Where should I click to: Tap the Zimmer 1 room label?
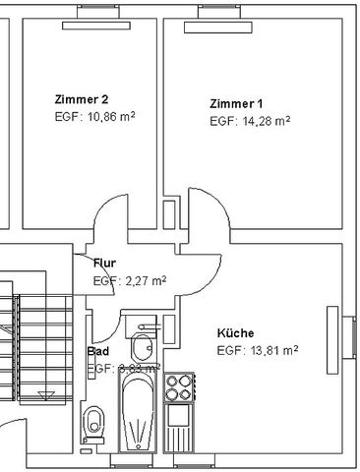click(x=236, y=103)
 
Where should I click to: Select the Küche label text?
click(x=235, y=333)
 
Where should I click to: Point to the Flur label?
click(x=105, y=264)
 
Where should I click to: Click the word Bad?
click(x=97, y=351)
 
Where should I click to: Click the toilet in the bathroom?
click(x=95, y=424)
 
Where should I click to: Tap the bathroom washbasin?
click(x=142, y=346)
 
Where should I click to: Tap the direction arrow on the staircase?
click(x=44, y=395)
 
